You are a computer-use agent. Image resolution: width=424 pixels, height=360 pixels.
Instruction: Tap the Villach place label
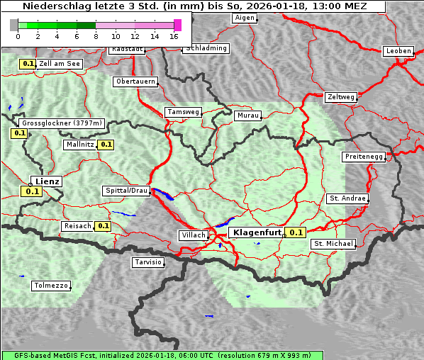coord(193,235)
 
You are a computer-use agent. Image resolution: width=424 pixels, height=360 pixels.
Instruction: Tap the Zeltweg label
coord(341,96)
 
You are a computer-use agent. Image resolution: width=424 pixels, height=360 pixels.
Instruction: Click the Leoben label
coord(398,51)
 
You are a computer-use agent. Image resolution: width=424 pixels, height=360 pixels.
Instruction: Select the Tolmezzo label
coord(51,286)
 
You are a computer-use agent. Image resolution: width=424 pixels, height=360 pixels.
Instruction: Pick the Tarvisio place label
coord(148,262)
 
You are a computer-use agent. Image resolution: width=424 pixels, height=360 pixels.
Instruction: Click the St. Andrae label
coord(347,198)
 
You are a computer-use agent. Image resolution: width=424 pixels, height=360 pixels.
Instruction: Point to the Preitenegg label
coord(364,156)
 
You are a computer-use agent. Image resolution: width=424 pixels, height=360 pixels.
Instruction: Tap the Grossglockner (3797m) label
coord(62,123)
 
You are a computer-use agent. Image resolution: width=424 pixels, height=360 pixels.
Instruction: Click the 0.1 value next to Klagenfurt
coord(296,232)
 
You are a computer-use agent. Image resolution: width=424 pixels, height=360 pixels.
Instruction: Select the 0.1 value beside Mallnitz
coord(106,145)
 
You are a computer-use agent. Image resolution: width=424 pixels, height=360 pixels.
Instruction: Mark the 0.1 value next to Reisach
coord(103,226)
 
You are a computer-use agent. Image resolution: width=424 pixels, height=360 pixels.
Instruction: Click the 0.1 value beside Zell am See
coord(28,64)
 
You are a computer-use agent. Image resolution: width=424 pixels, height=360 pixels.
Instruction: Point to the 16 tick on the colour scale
coord(174,35)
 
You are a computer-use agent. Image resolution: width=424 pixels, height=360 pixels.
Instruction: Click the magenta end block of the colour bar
coord(177,25)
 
